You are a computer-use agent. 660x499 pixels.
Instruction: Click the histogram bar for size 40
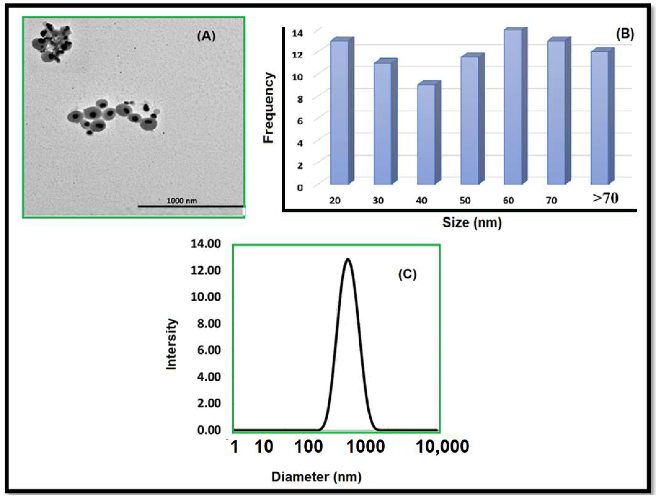426,134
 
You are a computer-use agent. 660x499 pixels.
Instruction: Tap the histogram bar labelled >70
599,118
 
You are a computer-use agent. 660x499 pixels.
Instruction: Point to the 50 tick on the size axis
465,200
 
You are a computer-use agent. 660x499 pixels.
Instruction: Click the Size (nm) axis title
472,223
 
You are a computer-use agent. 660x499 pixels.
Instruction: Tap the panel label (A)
206,36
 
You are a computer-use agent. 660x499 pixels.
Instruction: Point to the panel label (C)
407,274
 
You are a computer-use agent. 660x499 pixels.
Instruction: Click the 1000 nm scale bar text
181,201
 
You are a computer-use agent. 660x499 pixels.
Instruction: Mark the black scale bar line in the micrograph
190,206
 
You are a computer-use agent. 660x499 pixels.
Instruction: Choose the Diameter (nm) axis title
316,477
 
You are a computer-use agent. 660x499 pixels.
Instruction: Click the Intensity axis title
172,344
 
